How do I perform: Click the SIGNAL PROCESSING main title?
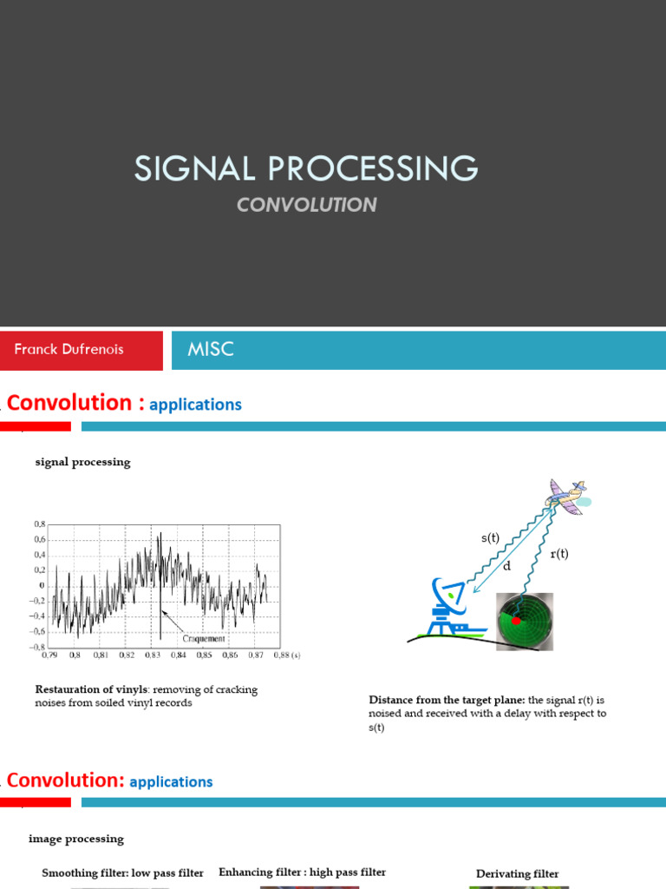coord(305,168)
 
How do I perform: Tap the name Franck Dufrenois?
coord(69,350)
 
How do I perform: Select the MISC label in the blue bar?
coord(211,350)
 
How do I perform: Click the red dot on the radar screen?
coord(517,622)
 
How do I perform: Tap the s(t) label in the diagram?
coord(491,538)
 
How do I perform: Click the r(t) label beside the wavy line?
coord(559,554)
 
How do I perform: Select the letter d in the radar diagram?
coord(507,566)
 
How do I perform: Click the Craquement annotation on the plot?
coord(203,638)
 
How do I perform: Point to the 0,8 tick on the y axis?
coord(39,524)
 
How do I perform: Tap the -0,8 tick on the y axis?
coord(37,647)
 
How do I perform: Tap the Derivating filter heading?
coord(517,873)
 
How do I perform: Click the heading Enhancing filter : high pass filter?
coord(302,872)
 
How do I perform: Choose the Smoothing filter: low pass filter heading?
coord(122,873)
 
